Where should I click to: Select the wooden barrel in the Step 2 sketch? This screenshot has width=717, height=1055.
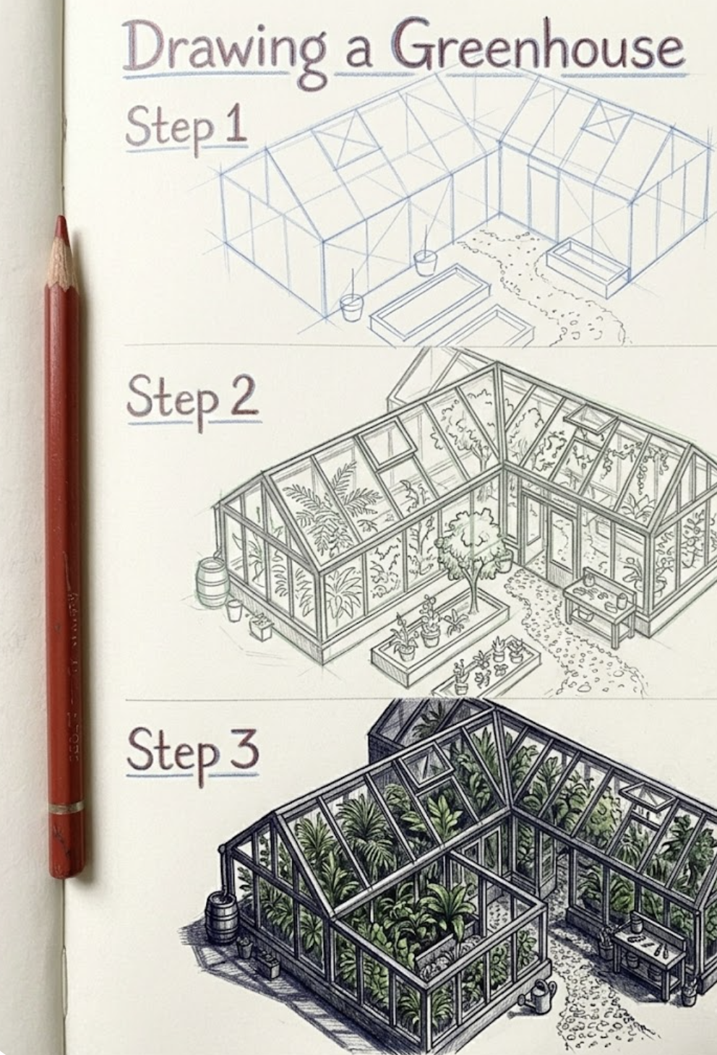pos(212,582)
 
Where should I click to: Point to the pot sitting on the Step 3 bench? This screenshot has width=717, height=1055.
pos(635,923)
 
